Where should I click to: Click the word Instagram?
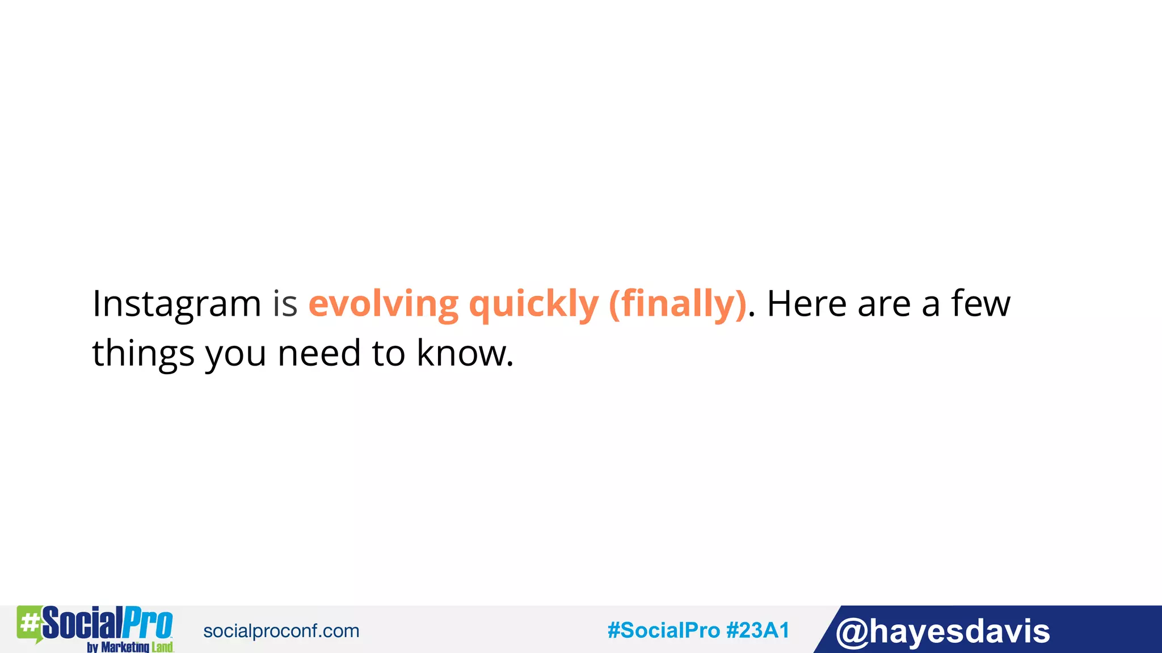pyautogui.click(x=176, y=304)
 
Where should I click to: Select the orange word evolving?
pyautogui.click(x=383, y=304)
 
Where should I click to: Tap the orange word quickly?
pyautogui.click(x=533, y=304)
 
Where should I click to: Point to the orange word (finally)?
pyautogui.click(x=677, y=304)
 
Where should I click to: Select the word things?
pyautogui.click(x=143, y=354)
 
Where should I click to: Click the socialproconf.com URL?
pyautogui.click(x=281, y=631)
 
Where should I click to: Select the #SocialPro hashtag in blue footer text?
pyautogui.click(x=663, y=630)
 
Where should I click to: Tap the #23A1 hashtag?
pyautogui.click(x=758, y=630)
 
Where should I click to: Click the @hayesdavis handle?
pyautogui.click(x=942, y=631)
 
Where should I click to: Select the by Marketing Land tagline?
pyautogui.click(x=130, y=647)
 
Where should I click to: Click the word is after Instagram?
pyautogui.click(x=285, y=304)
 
